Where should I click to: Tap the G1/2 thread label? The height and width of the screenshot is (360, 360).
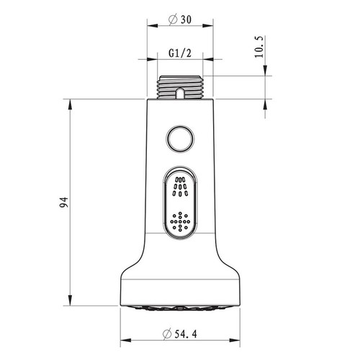click(x=180, y=53)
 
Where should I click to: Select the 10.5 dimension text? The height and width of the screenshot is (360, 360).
click(x=259, y=47)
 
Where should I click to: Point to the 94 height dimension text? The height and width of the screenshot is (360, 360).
click(x=64, y=202)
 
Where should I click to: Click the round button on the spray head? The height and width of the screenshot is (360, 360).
click(x=180, y=139)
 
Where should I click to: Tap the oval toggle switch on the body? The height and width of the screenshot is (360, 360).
click(x=180, y=204)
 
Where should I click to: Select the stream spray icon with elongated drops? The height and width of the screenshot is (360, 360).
click(x=180, y=186)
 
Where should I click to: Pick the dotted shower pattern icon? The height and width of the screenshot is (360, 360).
click(x=180, y=222)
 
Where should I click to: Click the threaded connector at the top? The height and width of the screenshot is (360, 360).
click(x=180, y=87)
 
